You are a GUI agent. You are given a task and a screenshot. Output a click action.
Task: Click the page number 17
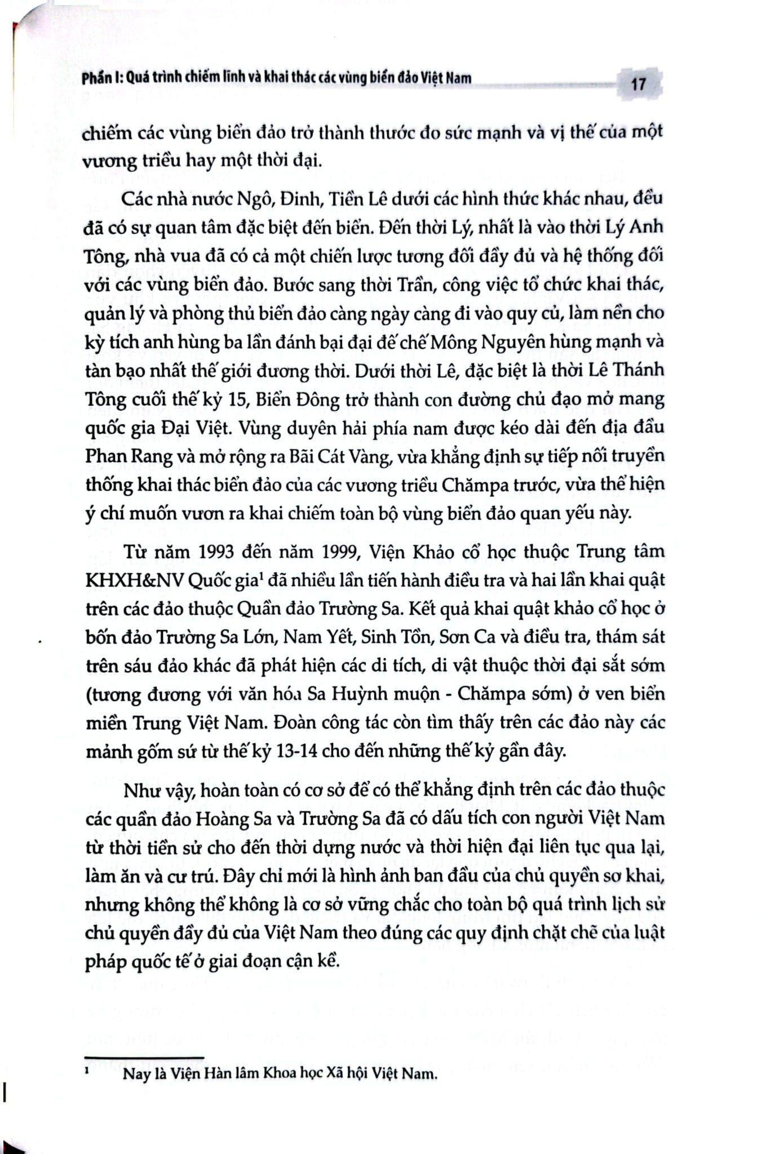pyautogui.click(x=638, y=85)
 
